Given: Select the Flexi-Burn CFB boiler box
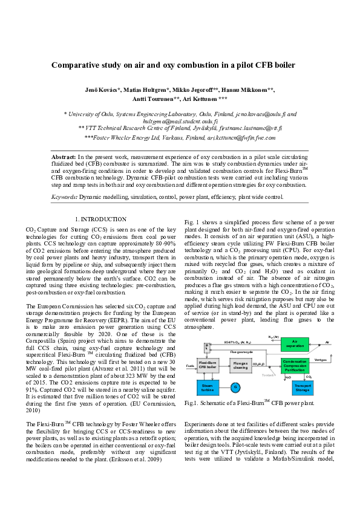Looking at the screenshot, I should point(208,364).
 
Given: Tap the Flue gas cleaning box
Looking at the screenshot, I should point(240,364).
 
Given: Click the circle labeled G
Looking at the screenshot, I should point(236,386).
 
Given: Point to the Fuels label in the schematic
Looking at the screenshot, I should point(190,366).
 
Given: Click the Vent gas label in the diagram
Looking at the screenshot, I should point(321,359).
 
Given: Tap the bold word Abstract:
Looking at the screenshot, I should point(64,157).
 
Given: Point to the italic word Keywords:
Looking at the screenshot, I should point(65,196).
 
